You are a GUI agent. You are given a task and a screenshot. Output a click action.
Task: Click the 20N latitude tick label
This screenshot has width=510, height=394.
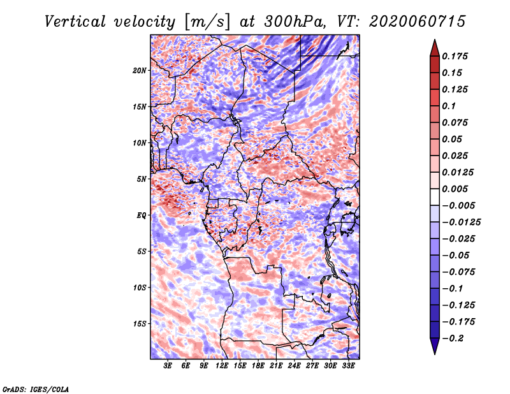click(x=140, y=70)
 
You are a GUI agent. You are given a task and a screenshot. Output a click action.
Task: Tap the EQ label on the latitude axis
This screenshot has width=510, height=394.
click(x=142, y=215)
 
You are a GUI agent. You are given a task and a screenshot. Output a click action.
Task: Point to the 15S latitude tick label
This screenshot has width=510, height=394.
click(x=140, y=324)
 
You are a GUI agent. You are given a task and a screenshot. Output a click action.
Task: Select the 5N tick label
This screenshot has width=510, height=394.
click(x=142, y=179)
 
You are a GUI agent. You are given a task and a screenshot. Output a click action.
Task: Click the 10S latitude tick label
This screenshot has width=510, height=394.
click(x=140, y=288)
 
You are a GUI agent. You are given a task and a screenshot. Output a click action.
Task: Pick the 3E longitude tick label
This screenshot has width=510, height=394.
click(x=168, y=365)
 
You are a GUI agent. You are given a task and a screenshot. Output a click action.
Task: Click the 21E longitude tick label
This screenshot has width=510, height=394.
click(x=276, y=365)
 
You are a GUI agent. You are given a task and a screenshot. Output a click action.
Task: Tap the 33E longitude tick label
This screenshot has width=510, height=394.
click(x=348, y=365)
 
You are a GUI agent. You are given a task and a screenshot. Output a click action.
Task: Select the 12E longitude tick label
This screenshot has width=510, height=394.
click(x=221, y=365)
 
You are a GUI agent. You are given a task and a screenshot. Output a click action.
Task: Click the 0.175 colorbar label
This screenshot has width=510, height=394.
click(x=455, y=56)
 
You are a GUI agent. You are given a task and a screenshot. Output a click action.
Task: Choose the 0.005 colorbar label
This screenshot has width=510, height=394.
click(x=455, y=189)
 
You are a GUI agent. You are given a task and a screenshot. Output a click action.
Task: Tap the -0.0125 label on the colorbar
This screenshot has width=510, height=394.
click(x=461, y=222)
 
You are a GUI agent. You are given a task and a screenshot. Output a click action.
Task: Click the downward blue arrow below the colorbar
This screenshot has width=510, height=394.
click(x=435, y=346)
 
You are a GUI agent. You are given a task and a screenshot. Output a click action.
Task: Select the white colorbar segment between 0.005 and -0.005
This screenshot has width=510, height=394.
click(x=435, y=197)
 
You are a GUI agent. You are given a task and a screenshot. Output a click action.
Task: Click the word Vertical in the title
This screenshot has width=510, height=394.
click(x=75, y=22)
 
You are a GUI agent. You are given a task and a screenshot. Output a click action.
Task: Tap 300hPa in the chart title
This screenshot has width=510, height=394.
click(x=295, y=22)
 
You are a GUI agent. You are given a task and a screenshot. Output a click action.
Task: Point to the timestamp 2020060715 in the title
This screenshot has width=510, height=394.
click(x=418, y=22)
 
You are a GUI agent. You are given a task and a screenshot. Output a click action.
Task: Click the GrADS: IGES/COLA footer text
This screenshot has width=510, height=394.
click(x=36, y=389)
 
